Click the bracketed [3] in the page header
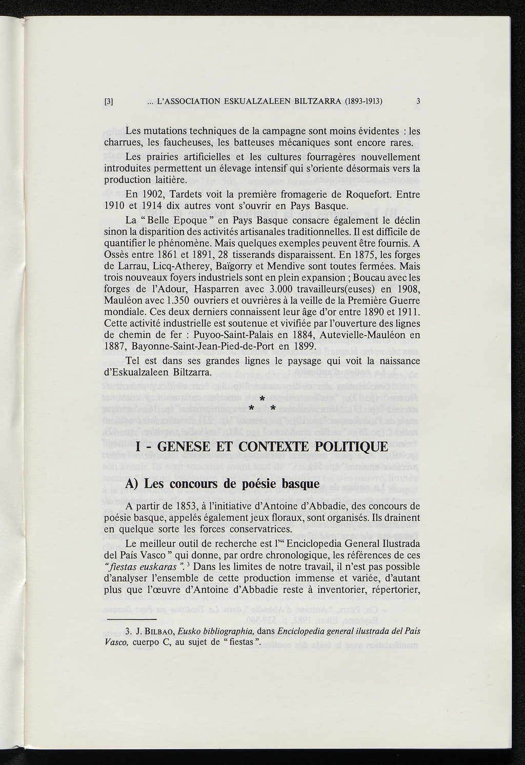click(108, 101)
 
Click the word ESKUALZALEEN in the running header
click(255, 101)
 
